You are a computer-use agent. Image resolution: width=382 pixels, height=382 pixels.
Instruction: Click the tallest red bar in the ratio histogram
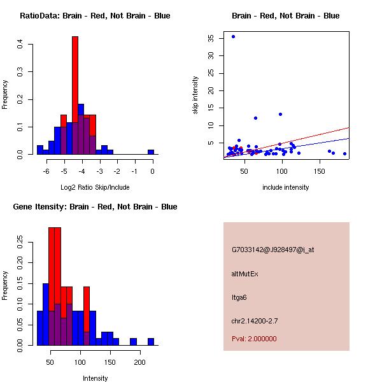(75, 95)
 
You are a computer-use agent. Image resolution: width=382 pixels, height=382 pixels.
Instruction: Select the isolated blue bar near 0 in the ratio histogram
(151, 152)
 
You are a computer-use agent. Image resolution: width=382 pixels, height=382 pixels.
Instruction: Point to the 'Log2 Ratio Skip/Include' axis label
(95, 187)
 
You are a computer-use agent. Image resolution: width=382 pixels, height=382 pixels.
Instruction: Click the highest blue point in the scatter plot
(233, 36)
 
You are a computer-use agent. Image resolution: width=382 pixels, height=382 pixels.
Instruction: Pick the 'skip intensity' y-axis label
(195, 95)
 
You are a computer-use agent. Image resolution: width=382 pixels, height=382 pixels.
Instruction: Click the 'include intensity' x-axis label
(286, 187)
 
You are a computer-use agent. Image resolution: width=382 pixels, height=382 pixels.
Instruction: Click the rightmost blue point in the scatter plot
(344, 153)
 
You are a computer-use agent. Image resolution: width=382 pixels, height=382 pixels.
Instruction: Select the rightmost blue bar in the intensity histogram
(151, 342)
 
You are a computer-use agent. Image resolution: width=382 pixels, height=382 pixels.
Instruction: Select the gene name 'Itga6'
(239, 297)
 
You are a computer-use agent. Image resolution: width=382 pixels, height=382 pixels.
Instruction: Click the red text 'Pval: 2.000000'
(254, 339)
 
